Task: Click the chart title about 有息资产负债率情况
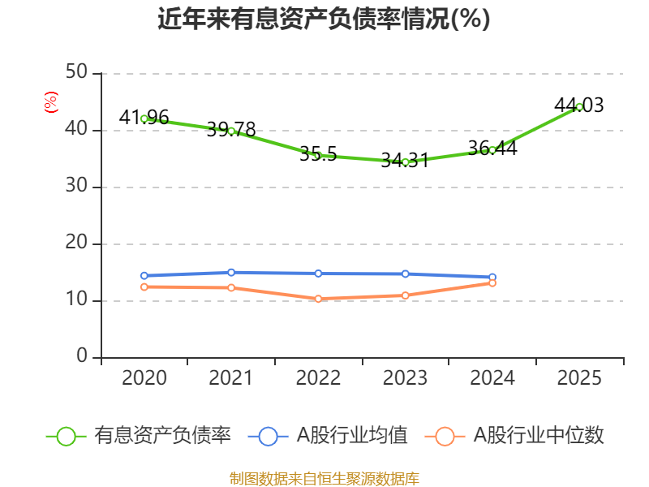[x=324, y=19]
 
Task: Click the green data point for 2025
[x=579, y=106]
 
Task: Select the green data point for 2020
[x=144, y=119]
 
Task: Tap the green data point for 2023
[x=405, y=162]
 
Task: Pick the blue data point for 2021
[x=231, y=272]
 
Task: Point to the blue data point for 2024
[x=492, y=277]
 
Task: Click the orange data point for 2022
[x=318, y=299]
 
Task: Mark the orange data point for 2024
[x=492, y=282]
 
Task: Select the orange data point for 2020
[x=144, y=287]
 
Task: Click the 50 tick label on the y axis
[x=77, y=73]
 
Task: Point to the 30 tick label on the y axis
[x=77, y=187]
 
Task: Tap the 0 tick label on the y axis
[x=82, y=357]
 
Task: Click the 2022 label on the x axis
[x=318, y=378]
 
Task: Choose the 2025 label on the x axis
[x=579, y=378]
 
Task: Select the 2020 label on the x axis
[x=144, y=378]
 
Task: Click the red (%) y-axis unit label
[x=51, y=102]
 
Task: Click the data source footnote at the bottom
[x=324, y=478]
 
